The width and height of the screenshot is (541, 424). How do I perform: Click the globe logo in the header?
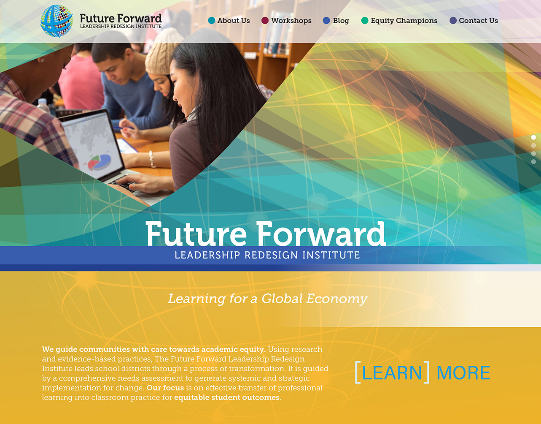(57, 21)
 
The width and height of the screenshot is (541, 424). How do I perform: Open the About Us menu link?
(234, 20)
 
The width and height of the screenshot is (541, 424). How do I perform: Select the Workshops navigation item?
(291, 21)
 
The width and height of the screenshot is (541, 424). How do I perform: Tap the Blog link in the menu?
(341, 21)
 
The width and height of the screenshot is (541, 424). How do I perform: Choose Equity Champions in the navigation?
(404, 21)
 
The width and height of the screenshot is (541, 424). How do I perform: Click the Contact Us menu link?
(478, 20)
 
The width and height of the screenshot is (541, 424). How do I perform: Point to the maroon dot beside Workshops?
(265, 20)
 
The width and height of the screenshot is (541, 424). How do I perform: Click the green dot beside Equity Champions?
(365, 20)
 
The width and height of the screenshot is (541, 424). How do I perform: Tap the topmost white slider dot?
(533, 137)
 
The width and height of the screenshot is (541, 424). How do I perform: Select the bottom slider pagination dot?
(533, 161)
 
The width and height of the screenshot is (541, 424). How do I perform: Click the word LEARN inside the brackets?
(392, 373)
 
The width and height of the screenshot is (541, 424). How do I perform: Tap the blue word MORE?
(463, 373)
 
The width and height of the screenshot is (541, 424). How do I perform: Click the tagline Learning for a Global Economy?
(268, 299)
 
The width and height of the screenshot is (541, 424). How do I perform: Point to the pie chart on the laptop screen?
(100, 162)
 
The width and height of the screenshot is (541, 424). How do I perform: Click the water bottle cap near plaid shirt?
(43, 101)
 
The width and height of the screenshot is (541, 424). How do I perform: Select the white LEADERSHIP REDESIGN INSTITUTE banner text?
(267, 255)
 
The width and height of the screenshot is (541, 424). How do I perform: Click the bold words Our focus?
(165, 388)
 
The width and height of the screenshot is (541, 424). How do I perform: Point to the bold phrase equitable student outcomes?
(228, 397)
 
